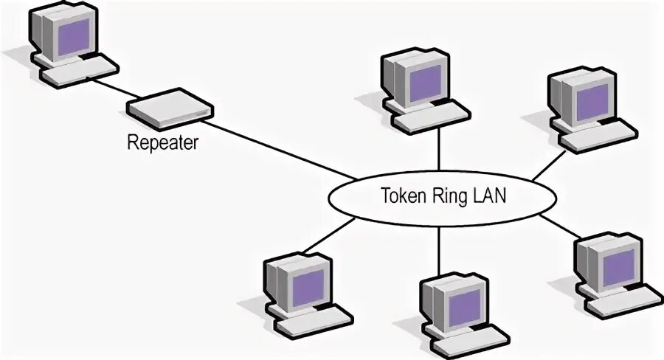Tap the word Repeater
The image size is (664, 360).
click(163, 142)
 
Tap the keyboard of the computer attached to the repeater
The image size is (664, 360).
click(79, 73)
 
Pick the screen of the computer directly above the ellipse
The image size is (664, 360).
click(425, 82)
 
